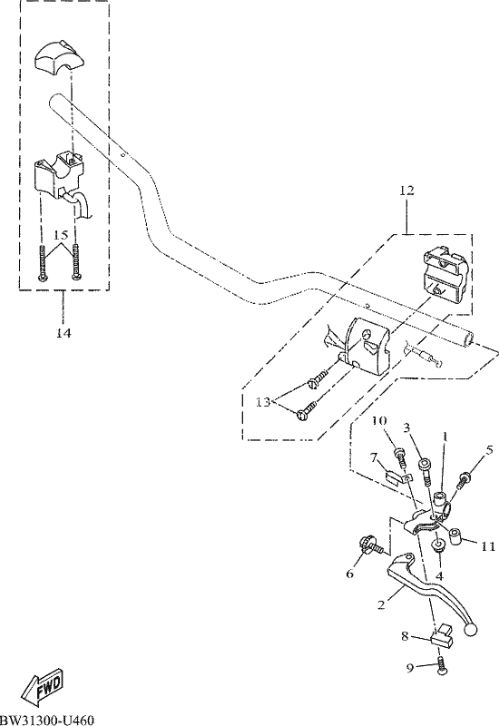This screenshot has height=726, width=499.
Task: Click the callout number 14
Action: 64,332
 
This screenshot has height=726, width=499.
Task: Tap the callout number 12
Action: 406,191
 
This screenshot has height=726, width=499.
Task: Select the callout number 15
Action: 62,235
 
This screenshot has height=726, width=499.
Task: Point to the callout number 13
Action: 263,402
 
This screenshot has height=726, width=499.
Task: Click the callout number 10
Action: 379,420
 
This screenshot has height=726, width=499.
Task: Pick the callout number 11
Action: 488,546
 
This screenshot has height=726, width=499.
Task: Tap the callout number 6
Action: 350,574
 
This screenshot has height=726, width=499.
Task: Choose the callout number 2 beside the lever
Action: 381,604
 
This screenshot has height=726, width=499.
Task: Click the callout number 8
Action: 405,637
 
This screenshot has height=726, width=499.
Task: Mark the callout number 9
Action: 410,668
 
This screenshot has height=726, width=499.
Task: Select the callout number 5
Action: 490,449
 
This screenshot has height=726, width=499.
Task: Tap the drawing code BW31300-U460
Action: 47,721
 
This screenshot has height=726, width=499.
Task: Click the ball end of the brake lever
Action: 470,630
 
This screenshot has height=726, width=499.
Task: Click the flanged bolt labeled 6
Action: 371,545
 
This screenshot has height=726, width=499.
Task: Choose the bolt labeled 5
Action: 464,480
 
